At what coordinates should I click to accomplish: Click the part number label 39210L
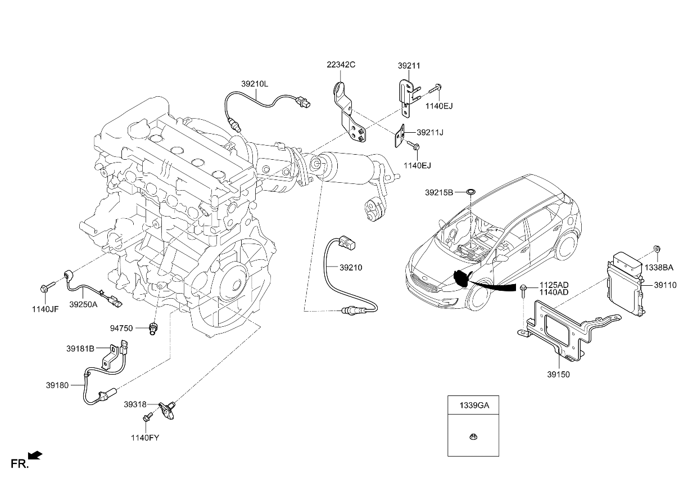coord(255,84)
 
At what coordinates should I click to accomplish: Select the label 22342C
coord(341,65)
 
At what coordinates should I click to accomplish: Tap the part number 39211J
coord(430,133)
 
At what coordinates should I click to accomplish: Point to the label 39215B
coord(439,192)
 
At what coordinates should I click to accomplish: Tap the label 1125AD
coord(554,285)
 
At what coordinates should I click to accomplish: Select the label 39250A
coord(83,304)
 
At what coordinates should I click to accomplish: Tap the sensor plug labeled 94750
coord(152,328)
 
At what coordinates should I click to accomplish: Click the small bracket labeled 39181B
coord(111,355)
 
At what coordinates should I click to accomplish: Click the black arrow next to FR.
coord(35,455)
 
